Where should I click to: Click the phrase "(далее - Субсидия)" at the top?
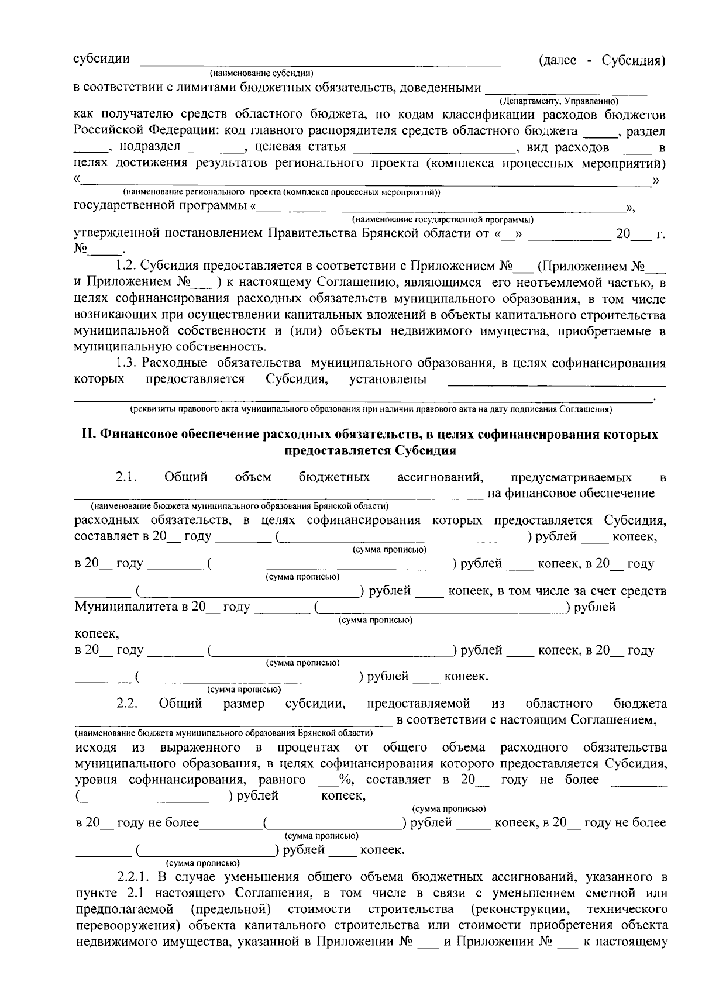coord(602,60)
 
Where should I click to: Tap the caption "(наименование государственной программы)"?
coord(442,220)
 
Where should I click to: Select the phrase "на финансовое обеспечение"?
coord(571,493)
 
